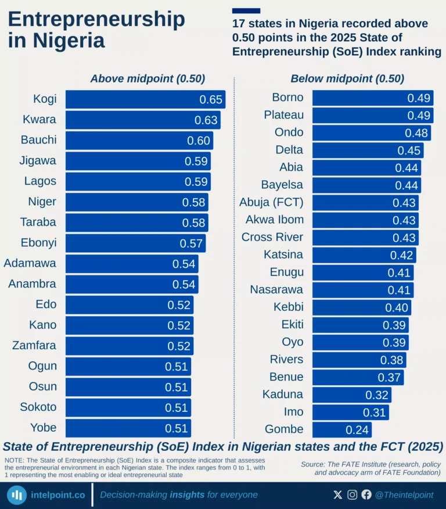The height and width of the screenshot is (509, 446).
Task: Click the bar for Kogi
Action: (145, 99)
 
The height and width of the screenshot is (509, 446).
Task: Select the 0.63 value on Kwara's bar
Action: (206, 120)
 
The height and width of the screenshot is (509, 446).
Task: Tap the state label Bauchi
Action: (38, 140)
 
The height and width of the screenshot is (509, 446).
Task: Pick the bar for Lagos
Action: (138, 181)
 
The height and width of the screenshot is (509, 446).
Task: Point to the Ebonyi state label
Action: (38, 242)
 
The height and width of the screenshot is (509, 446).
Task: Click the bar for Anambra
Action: (131, 284)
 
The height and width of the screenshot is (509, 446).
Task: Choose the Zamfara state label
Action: (34, 345)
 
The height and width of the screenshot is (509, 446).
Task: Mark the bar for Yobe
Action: (128, 428)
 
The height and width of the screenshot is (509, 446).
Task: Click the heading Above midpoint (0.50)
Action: (148, 79)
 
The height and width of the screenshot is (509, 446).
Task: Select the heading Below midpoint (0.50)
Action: (347, 79)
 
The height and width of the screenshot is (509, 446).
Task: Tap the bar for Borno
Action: (372, 98)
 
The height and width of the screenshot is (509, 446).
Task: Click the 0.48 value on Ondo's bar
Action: (416, 133)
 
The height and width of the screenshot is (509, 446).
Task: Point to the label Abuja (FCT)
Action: (271, 202)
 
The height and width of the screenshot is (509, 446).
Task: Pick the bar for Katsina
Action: (364, 255)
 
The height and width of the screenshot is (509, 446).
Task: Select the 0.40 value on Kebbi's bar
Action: (397, 307)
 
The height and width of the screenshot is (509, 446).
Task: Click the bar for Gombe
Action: (341, 430)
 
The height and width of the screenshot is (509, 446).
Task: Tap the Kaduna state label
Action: (283, 395)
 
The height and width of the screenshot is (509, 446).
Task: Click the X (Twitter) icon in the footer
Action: (338, 495)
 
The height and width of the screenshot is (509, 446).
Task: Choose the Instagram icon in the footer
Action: (353, 495)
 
